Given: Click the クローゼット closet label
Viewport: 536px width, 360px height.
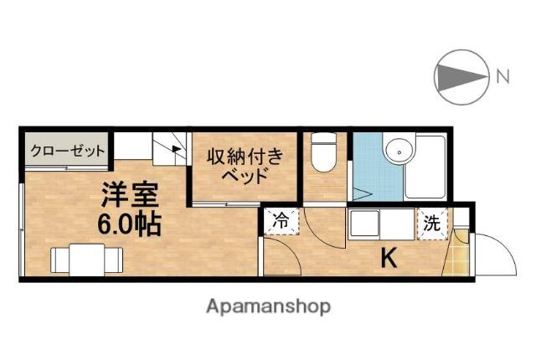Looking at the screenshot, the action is pos(67,151).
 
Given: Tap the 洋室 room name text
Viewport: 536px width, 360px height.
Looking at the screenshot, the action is pos(130,195).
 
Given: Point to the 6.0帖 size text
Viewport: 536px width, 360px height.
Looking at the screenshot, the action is pos(129,224).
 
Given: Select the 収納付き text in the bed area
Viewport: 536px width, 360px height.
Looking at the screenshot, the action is pos(245,157).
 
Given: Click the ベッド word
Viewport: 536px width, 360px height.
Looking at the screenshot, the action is pos(245,176).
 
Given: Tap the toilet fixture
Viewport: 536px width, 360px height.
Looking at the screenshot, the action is pos(324,152).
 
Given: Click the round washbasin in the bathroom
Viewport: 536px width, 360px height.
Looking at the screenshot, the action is pos(399,152).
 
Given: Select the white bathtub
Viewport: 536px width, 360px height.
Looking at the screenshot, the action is pos(425,167).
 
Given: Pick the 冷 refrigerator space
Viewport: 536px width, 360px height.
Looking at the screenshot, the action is pos(281,221).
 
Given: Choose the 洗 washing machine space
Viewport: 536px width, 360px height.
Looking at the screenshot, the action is pos(432,224).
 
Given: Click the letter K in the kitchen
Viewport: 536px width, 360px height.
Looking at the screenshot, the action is pos(389,259).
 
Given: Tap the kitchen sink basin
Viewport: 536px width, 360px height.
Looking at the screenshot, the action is pos(364,223).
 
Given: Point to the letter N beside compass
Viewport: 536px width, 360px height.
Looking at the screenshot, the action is pos(502,76).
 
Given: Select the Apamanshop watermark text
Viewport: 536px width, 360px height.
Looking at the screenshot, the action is pos(268,306).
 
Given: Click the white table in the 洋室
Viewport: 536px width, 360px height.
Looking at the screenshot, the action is pos(87,260).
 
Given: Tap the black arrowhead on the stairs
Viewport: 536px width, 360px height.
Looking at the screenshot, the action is pos(177,148).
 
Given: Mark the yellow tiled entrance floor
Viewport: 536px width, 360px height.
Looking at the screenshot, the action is pos(456,253).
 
